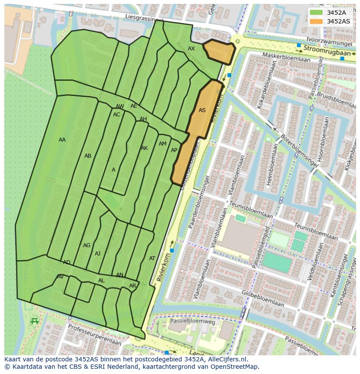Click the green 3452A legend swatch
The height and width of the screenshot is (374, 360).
click(x=317, y=13)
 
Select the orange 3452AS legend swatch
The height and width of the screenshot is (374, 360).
click(x=317, y=21)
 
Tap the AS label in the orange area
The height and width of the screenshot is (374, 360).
click(x=202, y=110)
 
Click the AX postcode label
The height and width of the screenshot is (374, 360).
click(x=191, y=49)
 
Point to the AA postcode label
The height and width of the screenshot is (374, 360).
click(x=62, y=140)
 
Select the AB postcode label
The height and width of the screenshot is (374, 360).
click(x=88, y=156)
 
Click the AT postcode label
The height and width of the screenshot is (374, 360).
click(x=152, y=258)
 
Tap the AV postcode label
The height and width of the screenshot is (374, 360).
click(x=60, y=277)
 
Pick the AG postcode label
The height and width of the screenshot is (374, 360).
click(x=87, y=245)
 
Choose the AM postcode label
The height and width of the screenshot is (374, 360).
click(x=163, y=144)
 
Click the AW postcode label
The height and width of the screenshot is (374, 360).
click(x=120, y=106)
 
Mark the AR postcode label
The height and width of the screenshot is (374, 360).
click(x=133, y=286)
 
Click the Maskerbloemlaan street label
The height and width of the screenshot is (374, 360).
click(x=283, y=57)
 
